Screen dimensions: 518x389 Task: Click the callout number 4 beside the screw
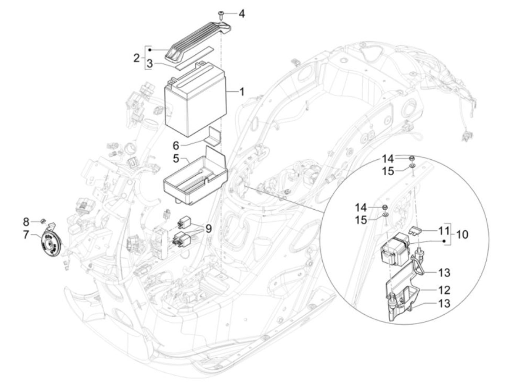pyautogui.click(x=241, y=14)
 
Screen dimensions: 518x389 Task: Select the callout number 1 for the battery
pyautogui.click(x=241, y=92)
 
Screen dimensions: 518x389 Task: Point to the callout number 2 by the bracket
pyautogui.click(x=137, y=58)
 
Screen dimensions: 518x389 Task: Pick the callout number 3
pyautogui.click(x=149, y=64)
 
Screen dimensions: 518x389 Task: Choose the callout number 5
pyautogui.click(x=176, y=158)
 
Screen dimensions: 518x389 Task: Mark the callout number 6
pyautogui.click(x=176, y=146)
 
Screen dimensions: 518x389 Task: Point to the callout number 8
pyautogui.click(x=26, y=222)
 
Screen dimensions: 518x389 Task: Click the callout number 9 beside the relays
pyautogui.click(x=208, y=229)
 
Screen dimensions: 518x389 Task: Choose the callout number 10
pyautogui.click(x=461, y=234)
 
